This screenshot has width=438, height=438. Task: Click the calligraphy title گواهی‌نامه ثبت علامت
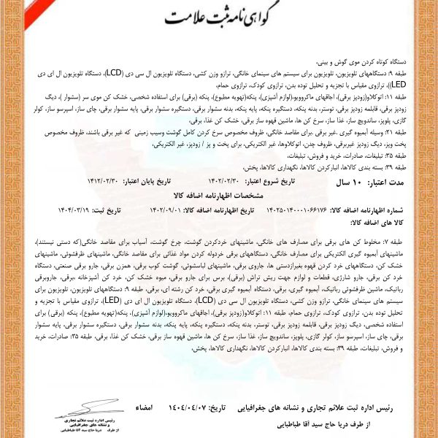pos(220,15)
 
